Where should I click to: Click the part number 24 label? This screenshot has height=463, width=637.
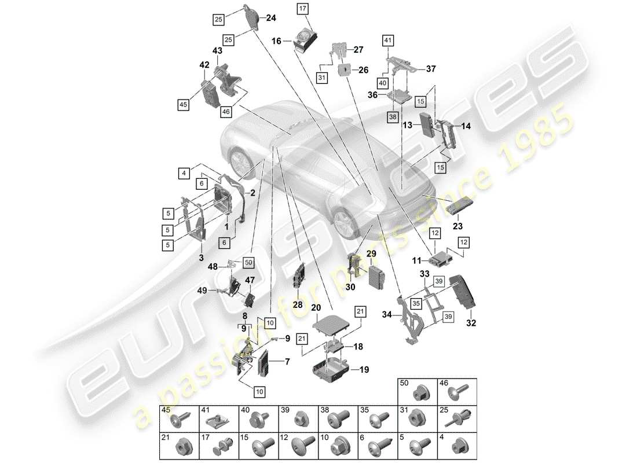pos(271,18)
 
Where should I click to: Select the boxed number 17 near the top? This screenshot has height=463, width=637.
pos(303,8)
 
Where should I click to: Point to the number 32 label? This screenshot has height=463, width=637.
pos(470,323)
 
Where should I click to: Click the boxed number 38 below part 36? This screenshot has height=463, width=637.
pos(394,116)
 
